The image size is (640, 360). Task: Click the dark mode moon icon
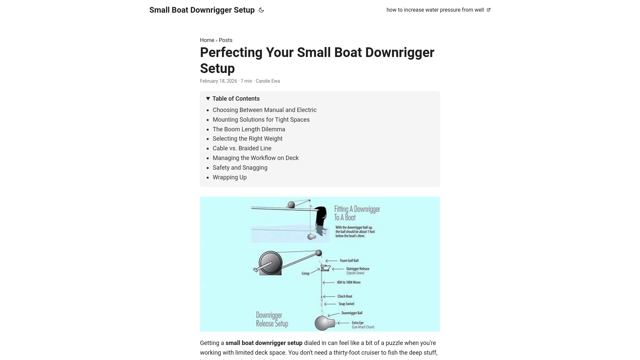click(x=261, y=10)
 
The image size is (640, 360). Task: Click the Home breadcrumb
click(x=207, y=40)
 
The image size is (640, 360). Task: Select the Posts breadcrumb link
click(x=225, y=40)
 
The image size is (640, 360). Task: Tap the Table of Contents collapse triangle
click(x=208, y=99)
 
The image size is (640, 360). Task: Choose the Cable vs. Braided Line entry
click(x=242, y=148)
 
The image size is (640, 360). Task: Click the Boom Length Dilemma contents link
click(x=249, y=129)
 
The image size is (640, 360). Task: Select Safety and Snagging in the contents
click(x=240, y=168)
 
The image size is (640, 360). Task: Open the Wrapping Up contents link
click(x=229, y=177)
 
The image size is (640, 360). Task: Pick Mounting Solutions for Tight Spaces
click(x=261, y=120)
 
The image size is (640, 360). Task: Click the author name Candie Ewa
click(x=267, y=81)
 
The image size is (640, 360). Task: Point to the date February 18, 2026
click(x=218, y=81)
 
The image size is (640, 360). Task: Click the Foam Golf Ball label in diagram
click(x=349, y=261)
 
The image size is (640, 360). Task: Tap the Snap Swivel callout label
click(x=346, y=304)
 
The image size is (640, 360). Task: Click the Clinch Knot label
click(x=344, y=296)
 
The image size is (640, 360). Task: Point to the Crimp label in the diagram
click(x=305, y=273)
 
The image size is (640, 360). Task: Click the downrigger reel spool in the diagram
click(x=270, y=263)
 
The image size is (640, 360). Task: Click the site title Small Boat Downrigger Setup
click(x=202, y=10)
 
